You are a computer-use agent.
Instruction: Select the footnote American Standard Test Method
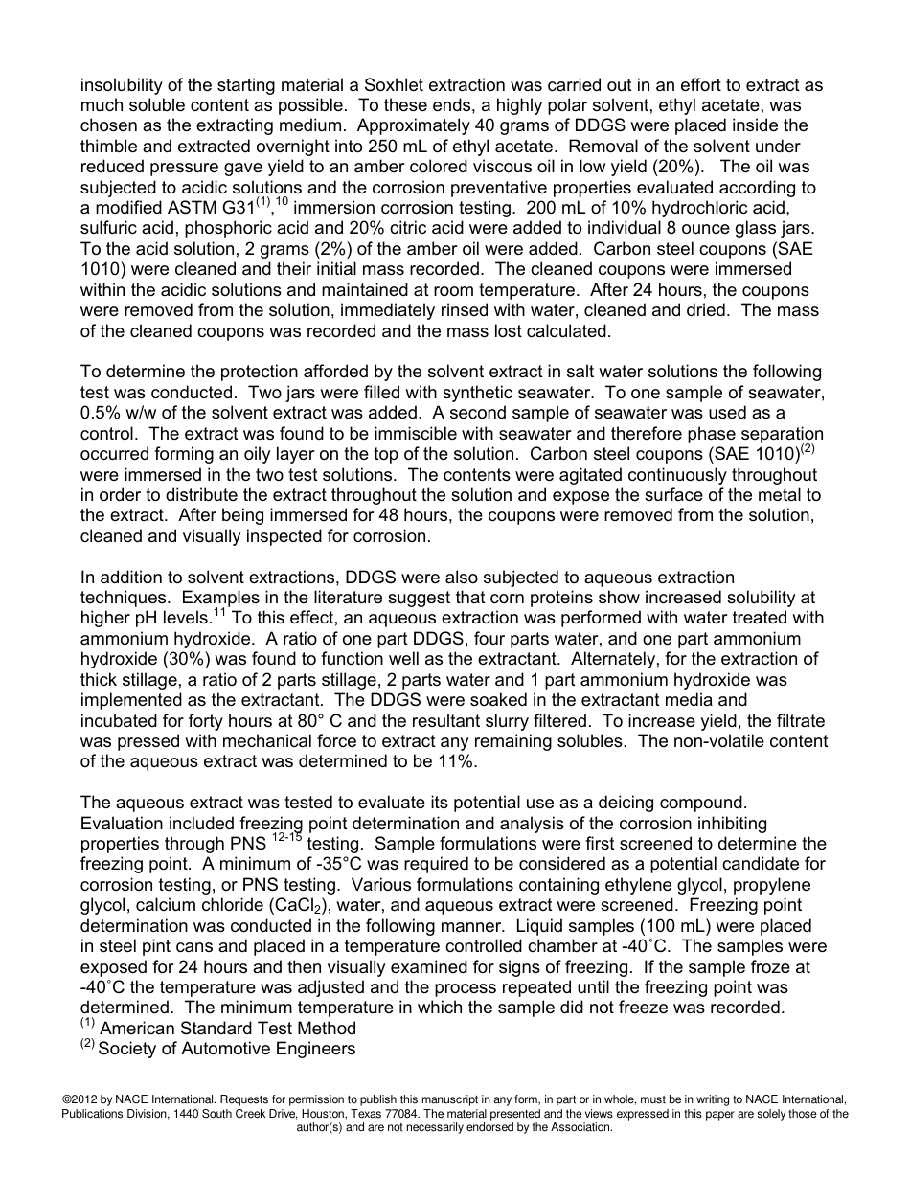[228, 1029]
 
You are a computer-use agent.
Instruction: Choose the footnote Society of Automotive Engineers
[227, 1050]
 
